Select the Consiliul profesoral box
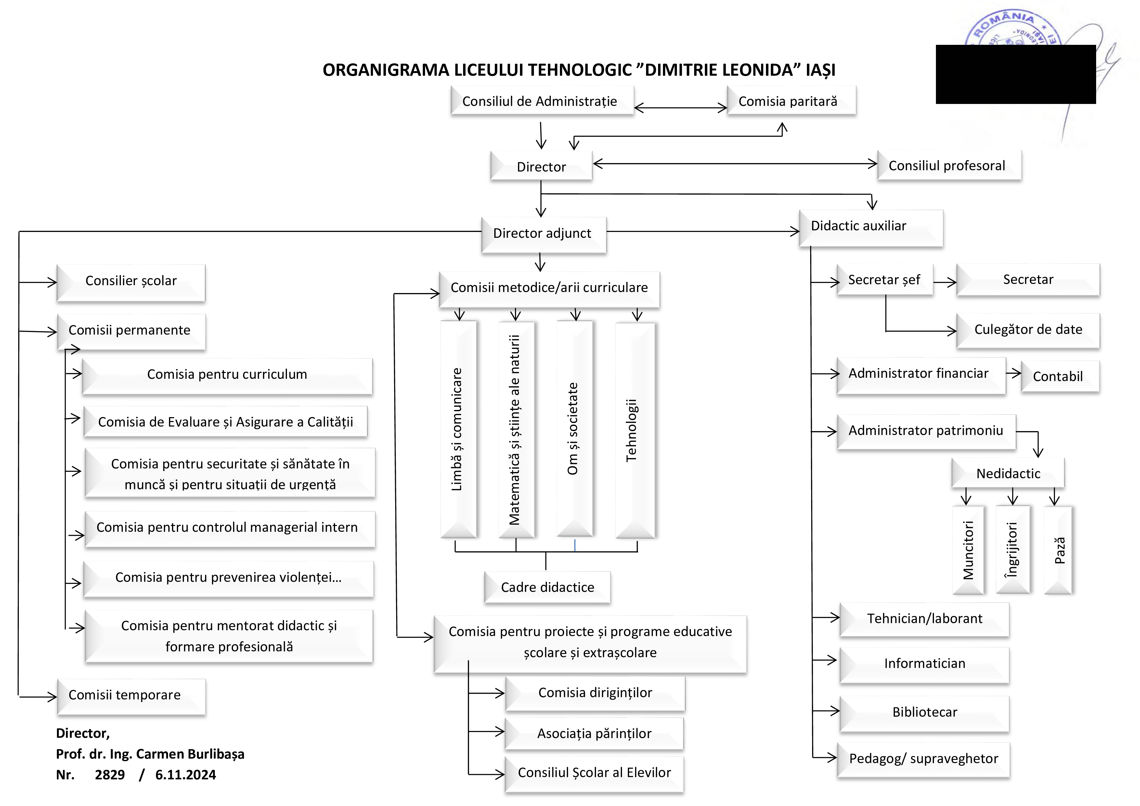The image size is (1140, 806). pyautogui.click(x=949, y=165)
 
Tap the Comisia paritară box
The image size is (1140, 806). pyautogui.click(x=791, y=101)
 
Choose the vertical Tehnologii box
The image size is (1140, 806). pyautogui.click(x=635, y=430)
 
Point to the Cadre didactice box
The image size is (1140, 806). pyautogui.click(x=547, y=587)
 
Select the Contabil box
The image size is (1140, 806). pyautogui.click(x=1059, y=376)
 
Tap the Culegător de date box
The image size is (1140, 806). pyautogui.click(x=1028, y=329)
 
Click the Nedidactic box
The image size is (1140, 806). pyautogui.click(x=1008, y=473)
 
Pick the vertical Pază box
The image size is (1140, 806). pyautogui.click(x=1058, y=550)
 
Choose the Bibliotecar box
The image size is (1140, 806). pyautogui.click(x=924, y=712)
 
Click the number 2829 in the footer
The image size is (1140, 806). pyautogui.click(x=110, y=775)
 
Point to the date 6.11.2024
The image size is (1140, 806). pyautogui.click(x=185, y=775)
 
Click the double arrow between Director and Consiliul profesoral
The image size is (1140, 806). pyautogui.click(x=735, y=163)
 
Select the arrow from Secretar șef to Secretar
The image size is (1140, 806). pyautogui.click(x=944, y=282)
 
